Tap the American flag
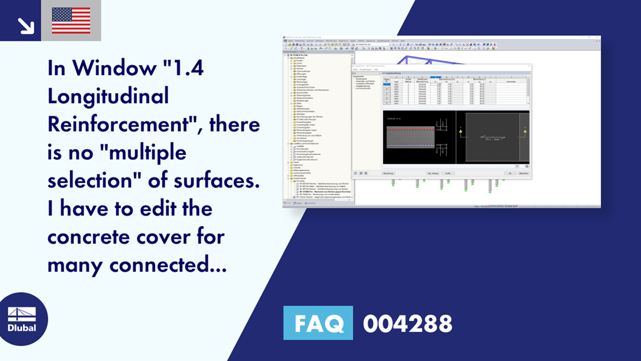[71, 21]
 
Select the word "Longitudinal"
[108, 96]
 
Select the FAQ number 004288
[408, 323]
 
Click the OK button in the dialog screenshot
[510, 172]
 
